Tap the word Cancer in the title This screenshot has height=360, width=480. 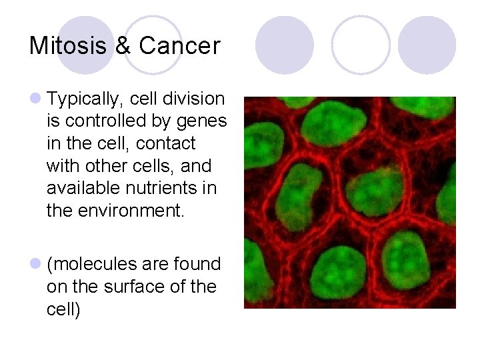coord(179,46)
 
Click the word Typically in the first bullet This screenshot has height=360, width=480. coord(85,99)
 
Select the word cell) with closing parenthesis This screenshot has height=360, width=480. coord(63,309)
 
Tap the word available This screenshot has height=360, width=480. coord(80,188)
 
